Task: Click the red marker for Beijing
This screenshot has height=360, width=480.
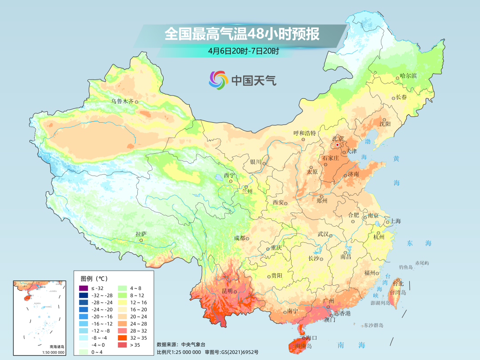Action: [337, 145]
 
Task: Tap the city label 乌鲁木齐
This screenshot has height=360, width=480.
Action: [122, 101]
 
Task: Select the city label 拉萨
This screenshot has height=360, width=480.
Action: [141, 234]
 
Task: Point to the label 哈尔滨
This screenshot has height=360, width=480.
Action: [408, 76]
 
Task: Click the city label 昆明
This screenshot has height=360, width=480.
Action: [227, 291]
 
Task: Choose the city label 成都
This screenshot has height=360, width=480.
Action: [239, 238]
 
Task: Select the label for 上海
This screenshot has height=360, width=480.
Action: [395, 221]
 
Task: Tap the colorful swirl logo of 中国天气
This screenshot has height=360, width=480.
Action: [218, 80]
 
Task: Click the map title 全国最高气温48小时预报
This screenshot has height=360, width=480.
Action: [242, 34]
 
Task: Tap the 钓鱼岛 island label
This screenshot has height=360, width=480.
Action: [406, 267]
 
